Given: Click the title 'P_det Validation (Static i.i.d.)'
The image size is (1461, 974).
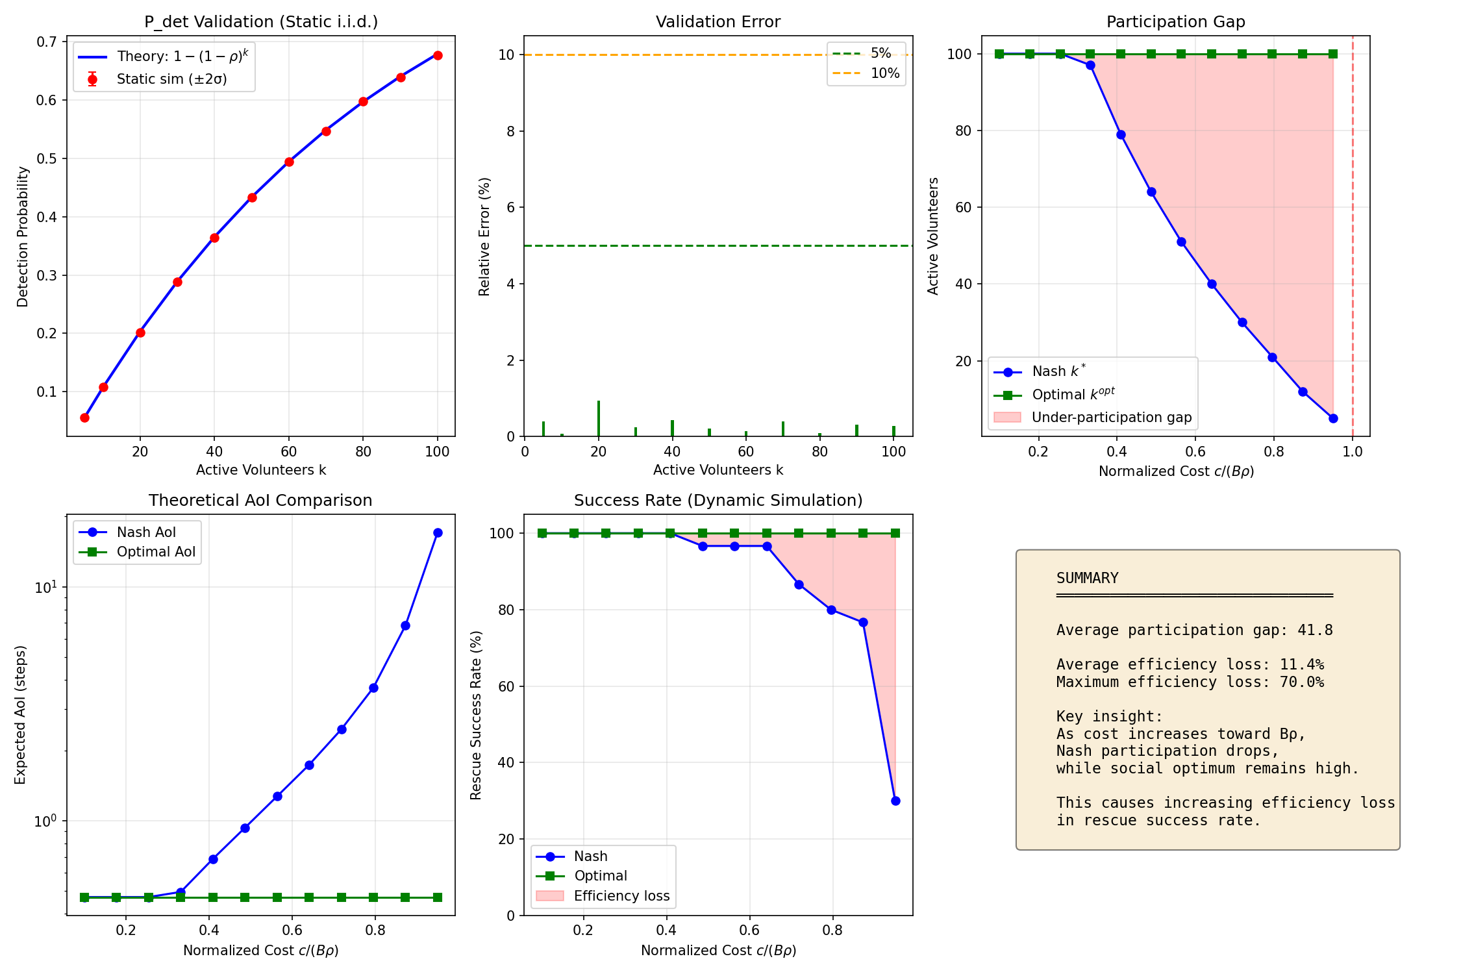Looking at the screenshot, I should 260,22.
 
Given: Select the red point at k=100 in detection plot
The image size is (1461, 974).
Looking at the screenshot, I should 438,56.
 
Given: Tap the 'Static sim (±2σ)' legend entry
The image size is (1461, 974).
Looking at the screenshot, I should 171,79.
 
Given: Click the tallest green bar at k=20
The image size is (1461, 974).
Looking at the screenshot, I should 599,419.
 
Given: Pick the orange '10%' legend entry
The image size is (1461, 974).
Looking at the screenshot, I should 884,73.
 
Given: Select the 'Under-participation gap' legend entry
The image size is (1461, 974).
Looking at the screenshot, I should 1111,418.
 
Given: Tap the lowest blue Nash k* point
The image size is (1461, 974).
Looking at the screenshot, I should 1333,418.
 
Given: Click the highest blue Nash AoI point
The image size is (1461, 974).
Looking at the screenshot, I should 438,533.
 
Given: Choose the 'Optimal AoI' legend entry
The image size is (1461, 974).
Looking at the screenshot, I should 156,552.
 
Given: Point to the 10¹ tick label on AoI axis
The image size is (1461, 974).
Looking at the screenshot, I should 45,588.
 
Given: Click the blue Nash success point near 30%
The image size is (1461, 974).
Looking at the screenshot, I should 895,801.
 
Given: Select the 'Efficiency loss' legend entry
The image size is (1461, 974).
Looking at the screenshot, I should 621,896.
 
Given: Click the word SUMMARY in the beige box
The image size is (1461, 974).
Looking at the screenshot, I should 1087,579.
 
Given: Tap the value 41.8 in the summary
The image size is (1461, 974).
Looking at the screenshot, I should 1315,631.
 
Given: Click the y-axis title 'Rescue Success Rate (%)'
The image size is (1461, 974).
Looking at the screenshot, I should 476,715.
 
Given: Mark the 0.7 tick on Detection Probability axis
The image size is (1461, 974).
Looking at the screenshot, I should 47,42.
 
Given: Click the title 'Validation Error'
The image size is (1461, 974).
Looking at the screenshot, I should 718,22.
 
